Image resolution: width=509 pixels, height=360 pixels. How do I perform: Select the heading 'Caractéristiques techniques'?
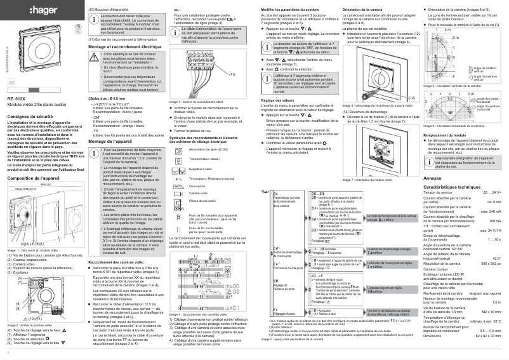456,188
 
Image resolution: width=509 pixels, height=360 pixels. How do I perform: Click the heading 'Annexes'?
431,180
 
